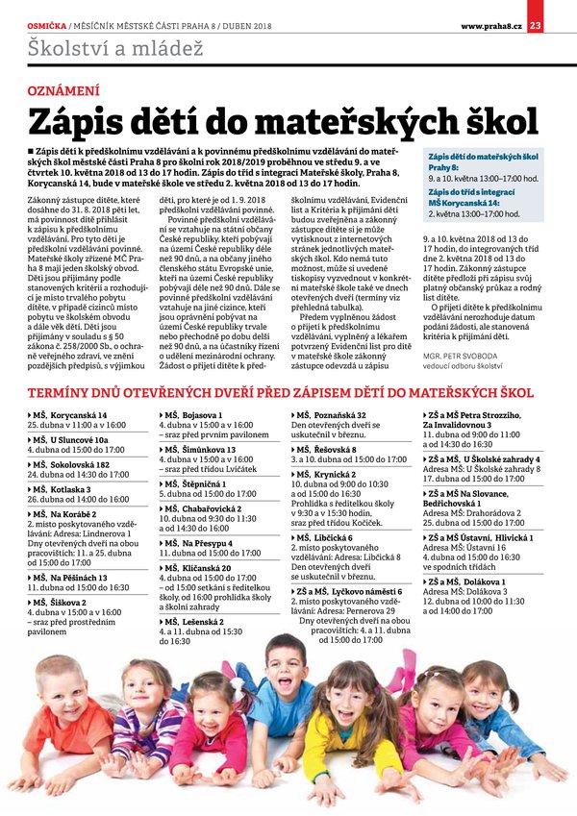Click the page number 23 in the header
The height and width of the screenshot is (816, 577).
(536, 25)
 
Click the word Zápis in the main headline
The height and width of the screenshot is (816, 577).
(84, 123)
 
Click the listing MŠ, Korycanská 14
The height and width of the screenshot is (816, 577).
(69, 414)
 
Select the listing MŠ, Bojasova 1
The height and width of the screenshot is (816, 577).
(196, 414)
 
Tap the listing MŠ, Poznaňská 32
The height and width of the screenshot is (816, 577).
(331, 414)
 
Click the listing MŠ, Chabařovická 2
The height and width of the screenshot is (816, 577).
(204, 507)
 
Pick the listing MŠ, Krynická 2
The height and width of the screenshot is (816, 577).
(329, 475)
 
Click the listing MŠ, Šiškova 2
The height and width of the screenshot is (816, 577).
(63, 602)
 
